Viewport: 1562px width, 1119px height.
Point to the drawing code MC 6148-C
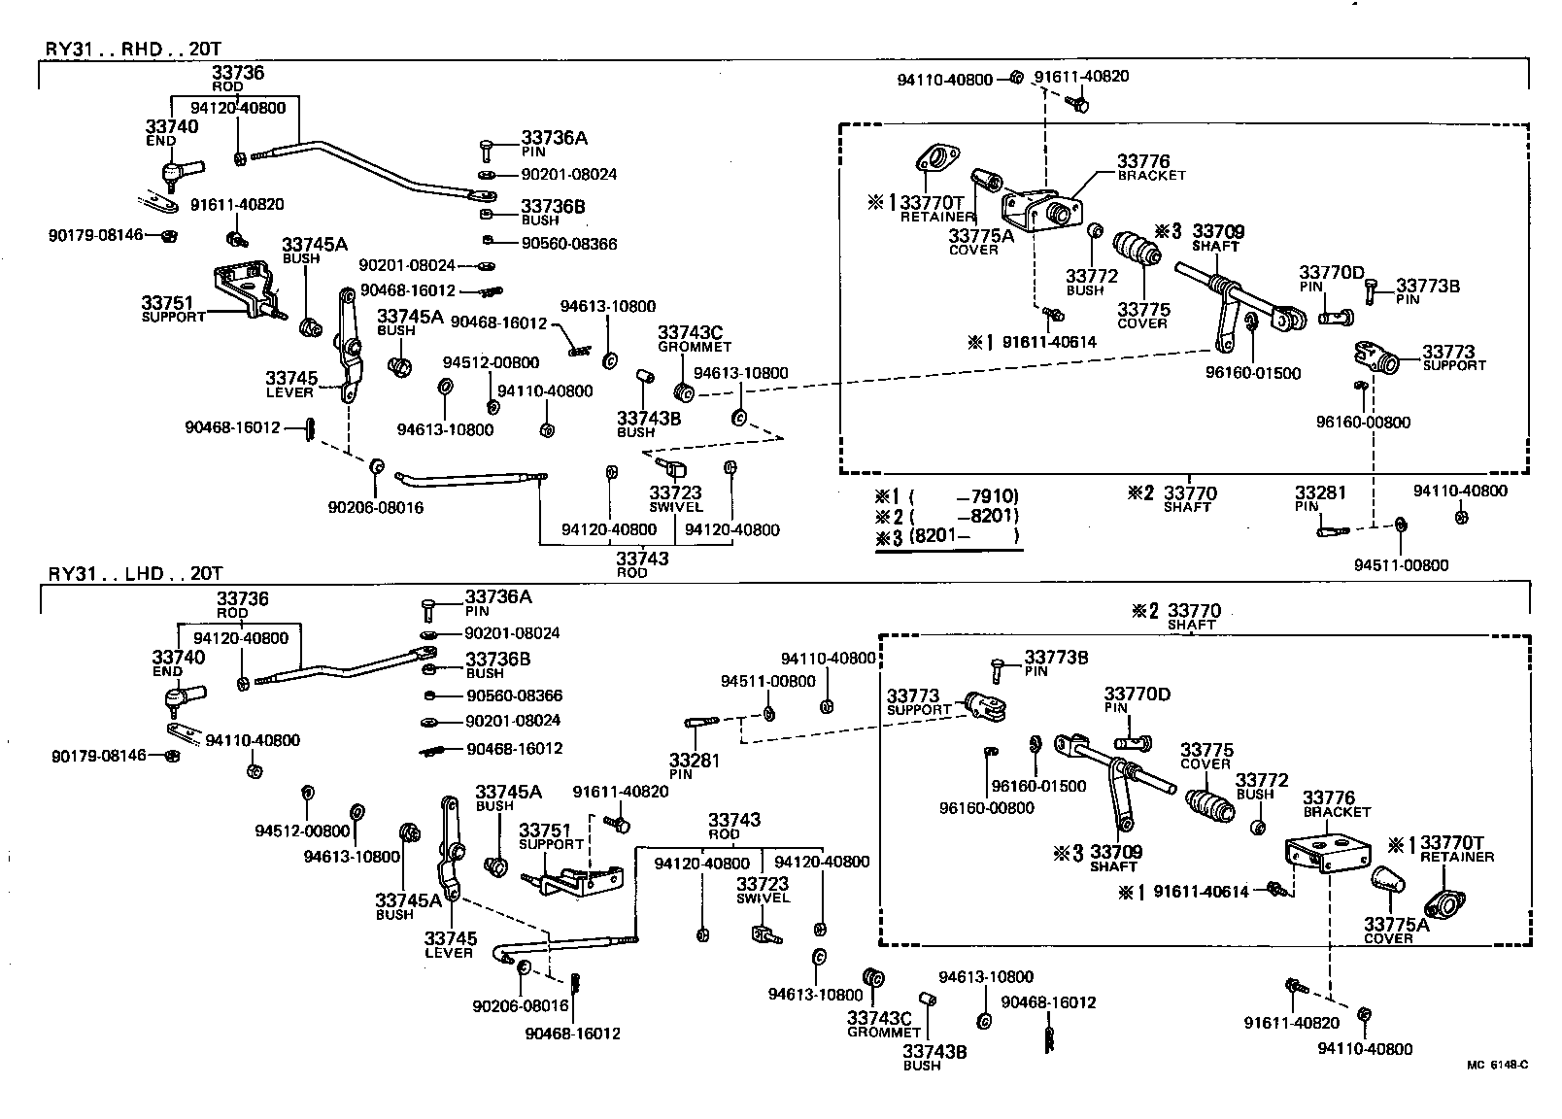pyautogui.click(x=1497, y=1065)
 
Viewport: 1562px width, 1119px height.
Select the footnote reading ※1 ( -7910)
pyautogui.click(x=947, y=496)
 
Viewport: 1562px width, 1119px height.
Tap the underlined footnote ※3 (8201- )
pyautogui.click(x=947, y=535)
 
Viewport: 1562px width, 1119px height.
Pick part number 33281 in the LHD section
pyautogui.click(x=694, y=761)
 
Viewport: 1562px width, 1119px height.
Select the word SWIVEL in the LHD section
pyautogui.click(x=763, y=899)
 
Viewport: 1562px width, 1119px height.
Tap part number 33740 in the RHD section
pyautogui.click(x=171, y=126)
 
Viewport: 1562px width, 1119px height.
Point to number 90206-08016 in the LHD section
pyautogui.click(x=520, y=1006)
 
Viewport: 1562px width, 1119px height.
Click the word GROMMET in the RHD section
pyautogui.click(x=695, y=347)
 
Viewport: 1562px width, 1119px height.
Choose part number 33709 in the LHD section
pyautogui.click(x=1116, y=852)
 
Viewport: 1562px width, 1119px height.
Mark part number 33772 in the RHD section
pyautogui.click(x=1092, y=276)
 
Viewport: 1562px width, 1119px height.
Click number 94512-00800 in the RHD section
pyautogui.click(x=491, y=362)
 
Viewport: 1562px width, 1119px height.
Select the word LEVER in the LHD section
pyautogui.click(x=448, y=953)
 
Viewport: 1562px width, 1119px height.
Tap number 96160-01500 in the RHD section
pyautogui.click(x=1253, y=373)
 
